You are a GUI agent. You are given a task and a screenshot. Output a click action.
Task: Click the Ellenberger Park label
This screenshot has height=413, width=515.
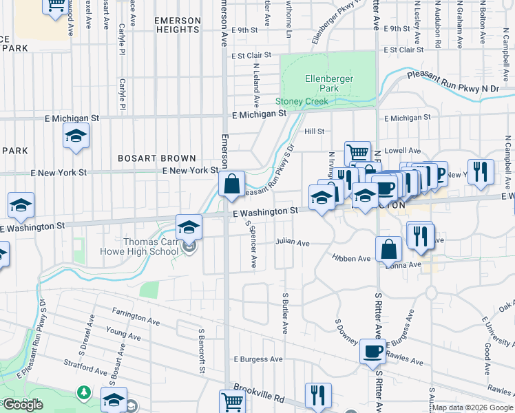tap(329, 83)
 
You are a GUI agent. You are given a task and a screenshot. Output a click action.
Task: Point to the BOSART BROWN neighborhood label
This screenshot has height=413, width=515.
tap(157, 158)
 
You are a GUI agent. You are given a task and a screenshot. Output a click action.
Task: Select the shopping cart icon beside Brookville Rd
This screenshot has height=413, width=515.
tap(232, 401)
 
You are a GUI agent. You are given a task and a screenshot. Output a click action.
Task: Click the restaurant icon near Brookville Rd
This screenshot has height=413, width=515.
tap(317, 394)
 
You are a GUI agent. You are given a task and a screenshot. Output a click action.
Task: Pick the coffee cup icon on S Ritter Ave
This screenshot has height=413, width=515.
tap(372, 351)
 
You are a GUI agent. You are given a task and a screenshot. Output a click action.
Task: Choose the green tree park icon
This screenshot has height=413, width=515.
tap(84, 392)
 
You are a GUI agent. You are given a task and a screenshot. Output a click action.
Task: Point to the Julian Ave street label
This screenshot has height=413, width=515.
tap(293, 243)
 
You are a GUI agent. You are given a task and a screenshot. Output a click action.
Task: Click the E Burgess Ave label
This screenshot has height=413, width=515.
tap(258, 359)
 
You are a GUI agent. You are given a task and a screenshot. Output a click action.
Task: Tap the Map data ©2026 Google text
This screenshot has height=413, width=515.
tap(472, 407)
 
